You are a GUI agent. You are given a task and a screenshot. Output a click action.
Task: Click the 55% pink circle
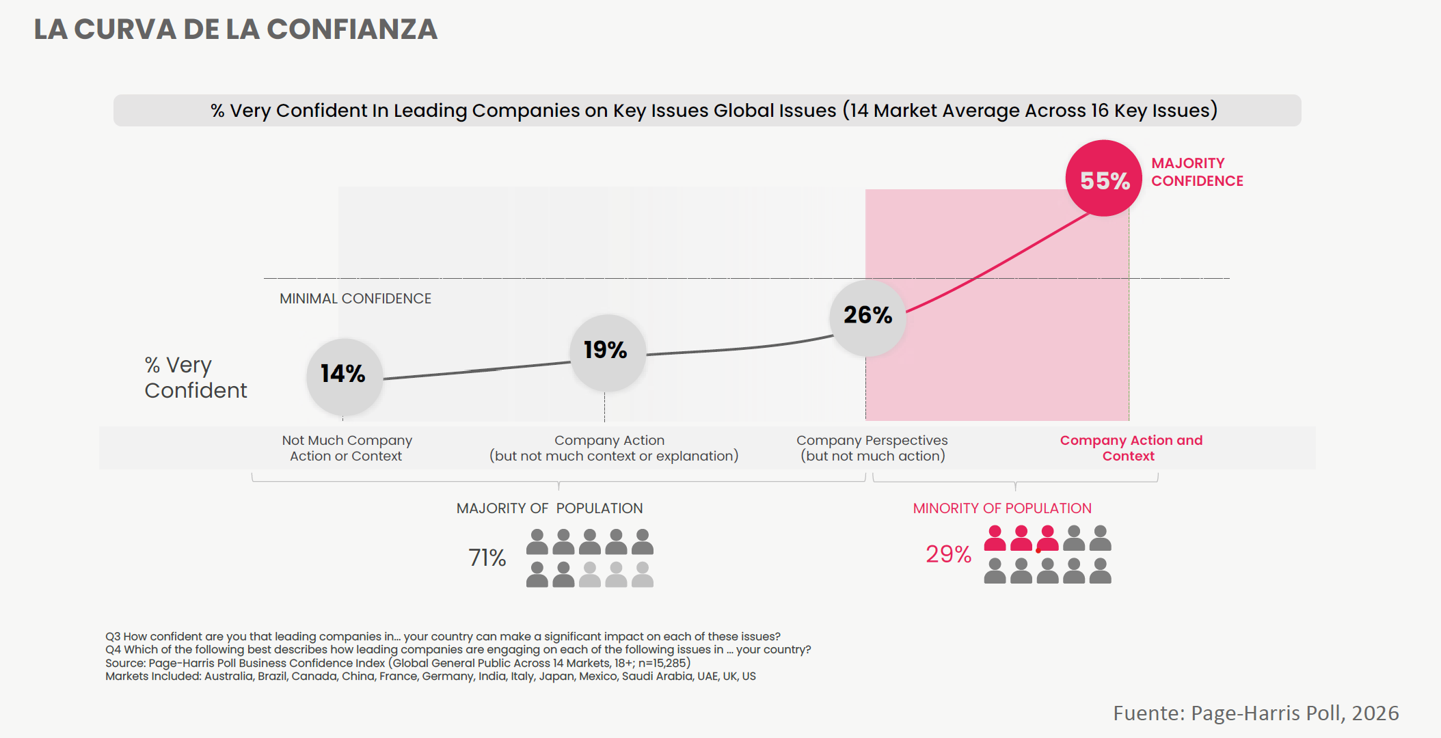tap(1103, 179)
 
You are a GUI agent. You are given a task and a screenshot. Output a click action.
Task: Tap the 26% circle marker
tap(867, 316)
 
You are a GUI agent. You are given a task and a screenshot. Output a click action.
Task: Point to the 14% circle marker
tap(344, 374)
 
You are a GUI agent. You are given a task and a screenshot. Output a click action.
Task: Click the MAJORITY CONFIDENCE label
tap(1196, 172)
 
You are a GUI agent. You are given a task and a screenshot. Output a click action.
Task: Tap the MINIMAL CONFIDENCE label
tap(355, 299)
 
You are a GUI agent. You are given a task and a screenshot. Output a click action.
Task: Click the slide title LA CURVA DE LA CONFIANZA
tap(236, 29)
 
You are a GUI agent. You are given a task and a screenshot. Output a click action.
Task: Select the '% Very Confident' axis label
tap(196, 377)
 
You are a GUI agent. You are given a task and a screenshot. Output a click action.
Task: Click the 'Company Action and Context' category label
tap(1131, 448)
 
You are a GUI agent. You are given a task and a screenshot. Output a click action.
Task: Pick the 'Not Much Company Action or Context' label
tap(347, 448)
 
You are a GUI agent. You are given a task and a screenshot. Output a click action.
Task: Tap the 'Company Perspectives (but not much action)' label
tap(872, 448)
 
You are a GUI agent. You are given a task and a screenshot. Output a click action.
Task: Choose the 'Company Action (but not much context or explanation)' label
tap(613, 448)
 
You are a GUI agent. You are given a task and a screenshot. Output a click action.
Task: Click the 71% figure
tap(487, 558)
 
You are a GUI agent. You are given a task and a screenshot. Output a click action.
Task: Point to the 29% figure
tap(948, 554)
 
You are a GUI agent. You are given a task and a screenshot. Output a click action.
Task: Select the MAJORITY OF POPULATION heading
tap(549, 508)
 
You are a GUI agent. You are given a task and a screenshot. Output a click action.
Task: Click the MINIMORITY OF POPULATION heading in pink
tap(1002, 508)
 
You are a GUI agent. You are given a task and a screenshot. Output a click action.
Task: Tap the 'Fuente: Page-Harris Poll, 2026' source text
tap(1256, 713)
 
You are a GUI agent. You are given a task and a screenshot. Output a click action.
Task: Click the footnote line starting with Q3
tap(442, 636)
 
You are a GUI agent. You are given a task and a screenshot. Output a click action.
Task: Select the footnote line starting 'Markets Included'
tap(430, 676)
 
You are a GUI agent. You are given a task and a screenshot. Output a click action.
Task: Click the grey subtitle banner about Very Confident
tap(707, 111)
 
